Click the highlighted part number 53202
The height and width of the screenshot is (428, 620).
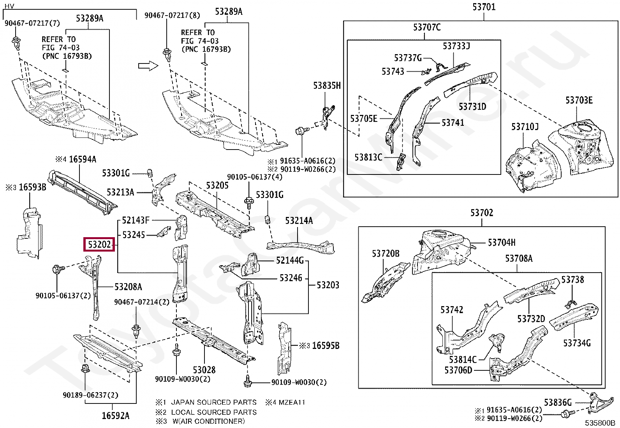[99, 245]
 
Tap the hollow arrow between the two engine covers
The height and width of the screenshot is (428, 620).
[148, 66]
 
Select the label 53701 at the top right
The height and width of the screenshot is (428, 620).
[484, 7]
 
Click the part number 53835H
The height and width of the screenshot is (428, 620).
[327, 86]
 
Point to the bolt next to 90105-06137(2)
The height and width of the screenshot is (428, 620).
[57, 269]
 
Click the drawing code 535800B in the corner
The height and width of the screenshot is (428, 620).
[599, 423]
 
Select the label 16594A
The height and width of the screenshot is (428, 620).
[82, 159]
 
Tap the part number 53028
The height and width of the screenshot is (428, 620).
[204, 369]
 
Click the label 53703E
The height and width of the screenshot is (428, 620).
[579, 100]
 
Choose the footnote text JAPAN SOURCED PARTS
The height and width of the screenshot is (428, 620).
[214, 402]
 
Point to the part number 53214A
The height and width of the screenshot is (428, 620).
[299, 221]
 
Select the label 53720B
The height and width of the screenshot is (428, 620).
[386, 254]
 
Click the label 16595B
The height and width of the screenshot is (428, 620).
[325, 345]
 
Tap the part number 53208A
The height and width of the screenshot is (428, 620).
[128, 287]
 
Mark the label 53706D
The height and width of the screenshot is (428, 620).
[458, 370]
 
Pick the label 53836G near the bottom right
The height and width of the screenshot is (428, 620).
[558, 402]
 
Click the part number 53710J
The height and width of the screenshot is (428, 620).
[525, 127]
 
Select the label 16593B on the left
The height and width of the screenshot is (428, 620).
[32, 187]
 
